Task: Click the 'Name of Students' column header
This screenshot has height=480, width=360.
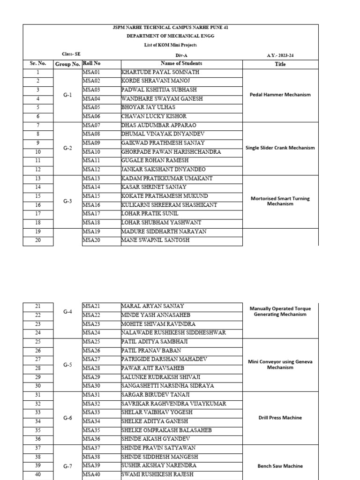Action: pos(181,64)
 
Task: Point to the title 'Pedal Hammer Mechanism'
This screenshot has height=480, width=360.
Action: pos(280,94)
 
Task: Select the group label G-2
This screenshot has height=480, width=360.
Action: pos(67,148)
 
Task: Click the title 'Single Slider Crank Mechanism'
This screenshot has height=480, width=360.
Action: pos(280,148)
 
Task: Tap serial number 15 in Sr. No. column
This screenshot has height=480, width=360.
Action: pos(37,196)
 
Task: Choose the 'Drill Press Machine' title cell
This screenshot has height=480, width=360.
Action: pos(280,417)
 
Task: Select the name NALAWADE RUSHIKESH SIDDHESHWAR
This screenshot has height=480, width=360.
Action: pos(173,332)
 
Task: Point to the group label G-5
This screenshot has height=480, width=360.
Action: pos(67,364)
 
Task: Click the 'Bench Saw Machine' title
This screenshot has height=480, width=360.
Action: pos(280,466)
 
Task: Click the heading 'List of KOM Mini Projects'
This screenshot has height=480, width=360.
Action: pos(170,45)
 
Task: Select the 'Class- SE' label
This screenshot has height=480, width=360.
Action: pos(71,54)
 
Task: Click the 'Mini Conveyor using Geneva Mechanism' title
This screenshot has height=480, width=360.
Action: pos(280,364)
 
